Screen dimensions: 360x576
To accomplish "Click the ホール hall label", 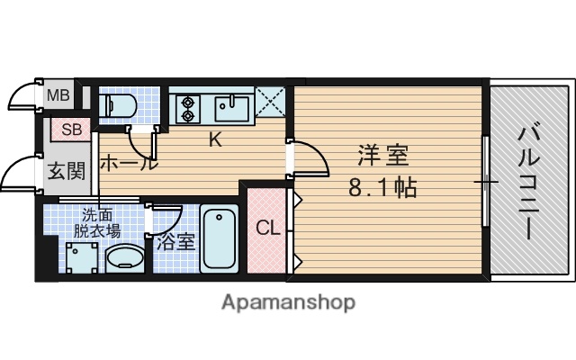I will click(128, 164).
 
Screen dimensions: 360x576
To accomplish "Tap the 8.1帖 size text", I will click(383, 190).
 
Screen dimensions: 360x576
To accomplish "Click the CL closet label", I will click(268, 229).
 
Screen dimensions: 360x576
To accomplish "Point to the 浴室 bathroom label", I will click(175, 241).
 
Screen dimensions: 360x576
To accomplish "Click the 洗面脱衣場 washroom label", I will click(101, 222).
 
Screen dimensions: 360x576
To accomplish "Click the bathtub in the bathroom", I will click(219, 238).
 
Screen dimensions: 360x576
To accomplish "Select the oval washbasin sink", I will click(124, 260).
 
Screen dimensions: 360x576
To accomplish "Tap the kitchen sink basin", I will click(232, 109).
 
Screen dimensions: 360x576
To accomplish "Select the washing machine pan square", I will click(84, 257).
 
